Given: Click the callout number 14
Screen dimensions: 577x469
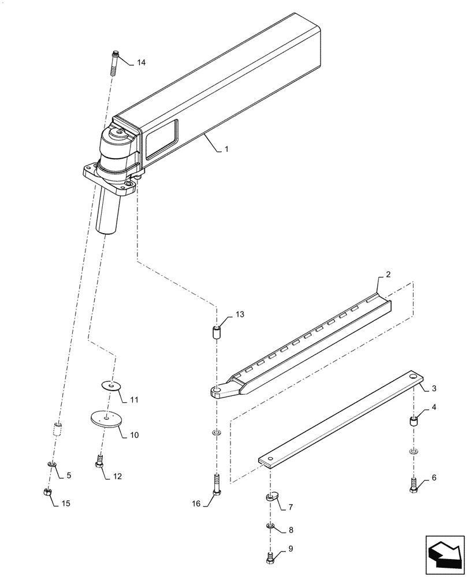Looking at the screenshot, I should (142, 62).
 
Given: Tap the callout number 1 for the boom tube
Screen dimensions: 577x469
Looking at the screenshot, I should (226, 149).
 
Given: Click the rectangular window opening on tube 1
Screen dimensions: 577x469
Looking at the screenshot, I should (161, 139).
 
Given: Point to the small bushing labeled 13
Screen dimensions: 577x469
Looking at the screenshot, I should (217, 333).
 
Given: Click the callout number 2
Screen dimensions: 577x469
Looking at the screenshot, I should (388, 274).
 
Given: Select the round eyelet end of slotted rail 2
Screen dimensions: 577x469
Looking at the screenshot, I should (218, 392).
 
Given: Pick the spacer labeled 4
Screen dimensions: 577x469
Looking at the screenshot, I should (414, 421).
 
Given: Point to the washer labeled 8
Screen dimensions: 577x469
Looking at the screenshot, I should (270, 526).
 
